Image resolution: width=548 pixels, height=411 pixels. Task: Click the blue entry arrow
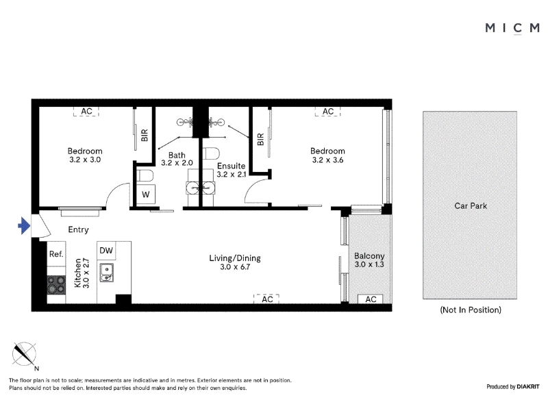coord(24,226)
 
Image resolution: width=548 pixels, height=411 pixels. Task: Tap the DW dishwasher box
coord(106,251)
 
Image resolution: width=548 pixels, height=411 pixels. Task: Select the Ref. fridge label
coord(56,254)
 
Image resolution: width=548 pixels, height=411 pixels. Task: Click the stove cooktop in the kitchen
coord(56,285)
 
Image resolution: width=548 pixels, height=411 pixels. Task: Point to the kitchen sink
coord(106,273)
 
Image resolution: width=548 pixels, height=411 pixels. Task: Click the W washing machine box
coord(146,195)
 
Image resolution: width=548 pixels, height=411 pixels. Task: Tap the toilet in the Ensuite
coord(212,153)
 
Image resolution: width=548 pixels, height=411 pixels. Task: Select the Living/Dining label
coord(235,258)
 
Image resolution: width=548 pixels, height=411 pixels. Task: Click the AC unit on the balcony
coord(371,299)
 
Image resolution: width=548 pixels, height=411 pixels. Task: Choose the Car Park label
coord(471,206)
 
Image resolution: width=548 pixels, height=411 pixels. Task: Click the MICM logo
coord(512,28)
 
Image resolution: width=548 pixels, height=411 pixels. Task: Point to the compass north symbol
coord(24,354)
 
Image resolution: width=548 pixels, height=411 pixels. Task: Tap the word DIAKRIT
coord(528,387)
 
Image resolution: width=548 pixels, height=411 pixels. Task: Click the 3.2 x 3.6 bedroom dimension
coord(327,160)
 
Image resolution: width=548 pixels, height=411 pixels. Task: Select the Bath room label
coord(177,155)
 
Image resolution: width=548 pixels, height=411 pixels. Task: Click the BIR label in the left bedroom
coord(145,135)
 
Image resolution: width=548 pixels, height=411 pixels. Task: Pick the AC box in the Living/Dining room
coord(266,299)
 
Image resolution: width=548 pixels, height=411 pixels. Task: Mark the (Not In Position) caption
coord(471,310)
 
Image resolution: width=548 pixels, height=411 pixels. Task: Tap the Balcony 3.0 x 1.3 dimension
coord(369,264)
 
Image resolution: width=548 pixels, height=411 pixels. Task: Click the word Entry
coord(78,229)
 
